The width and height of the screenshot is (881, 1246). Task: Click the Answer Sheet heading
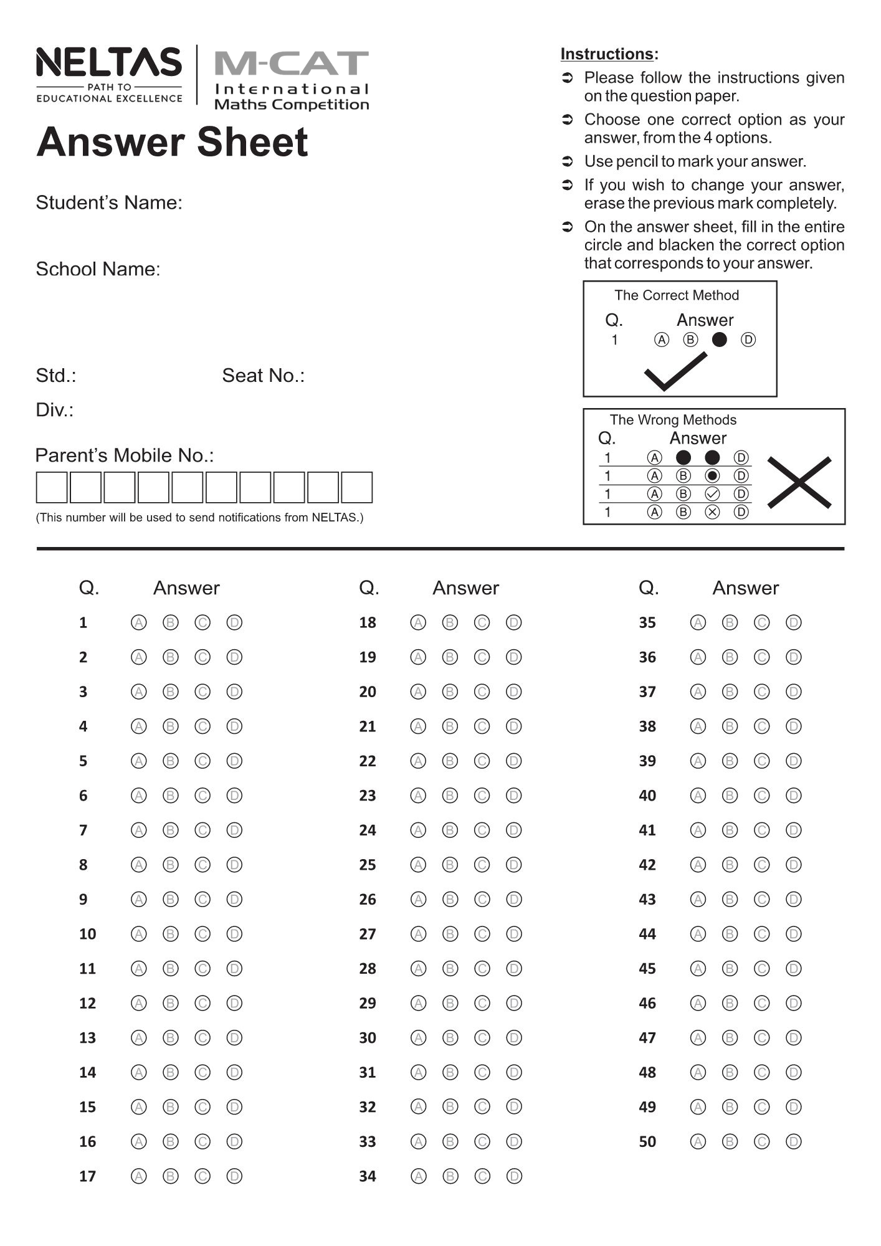coord(172,142)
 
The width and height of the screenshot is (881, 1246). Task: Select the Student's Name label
coord(109,202)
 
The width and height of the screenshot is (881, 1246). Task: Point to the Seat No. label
coord(263,376)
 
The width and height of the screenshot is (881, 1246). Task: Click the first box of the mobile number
coord(52,487)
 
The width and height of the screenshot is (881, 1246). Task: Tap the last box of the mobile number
coord(357,487)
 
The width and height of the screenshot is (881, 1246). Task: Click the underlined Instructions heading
coord(609,54)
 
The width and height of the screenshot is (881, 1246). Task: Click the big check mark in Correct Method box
coord(675,372)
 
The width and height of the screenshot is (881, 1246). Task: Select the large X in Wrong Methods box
coord(799,482)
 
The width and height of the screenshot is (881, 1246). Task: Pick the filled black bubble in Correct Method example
coord(720,340)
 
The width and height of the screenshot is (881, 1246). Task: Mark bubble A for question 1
coord(139,622)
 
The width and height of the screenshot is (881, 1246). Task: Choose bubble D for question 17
coord(234,1176)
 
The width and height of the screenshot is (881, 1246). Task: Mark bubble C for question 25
coord(482,865)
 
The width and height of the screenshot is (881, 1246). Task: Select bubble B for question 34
coord(450,1176)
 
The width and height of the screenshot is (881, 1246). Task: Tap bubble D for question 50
coord(793,1141)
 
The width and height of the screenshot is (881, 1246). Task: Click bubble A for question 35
coord(698,622)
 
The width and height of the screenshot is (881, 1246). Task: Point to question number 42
coord(647,865)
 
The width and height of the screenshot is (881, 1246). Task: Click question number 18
coord(368,622)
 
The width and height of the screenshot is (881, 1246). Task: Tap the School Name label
coord(98,269)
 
